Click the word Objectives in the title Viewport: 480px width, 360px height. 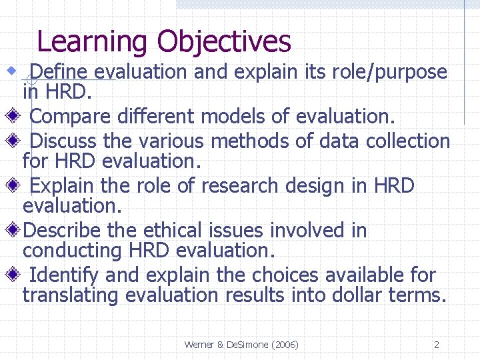(224, 41)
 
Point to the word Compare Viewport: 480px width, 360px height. (71, 117)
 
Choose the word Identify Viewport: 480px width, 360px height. (64, 275)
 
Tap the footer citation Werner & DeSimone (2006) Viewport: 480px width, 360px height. (241, 345)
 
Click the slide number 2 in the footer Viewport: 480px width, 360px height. (436, 345)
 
